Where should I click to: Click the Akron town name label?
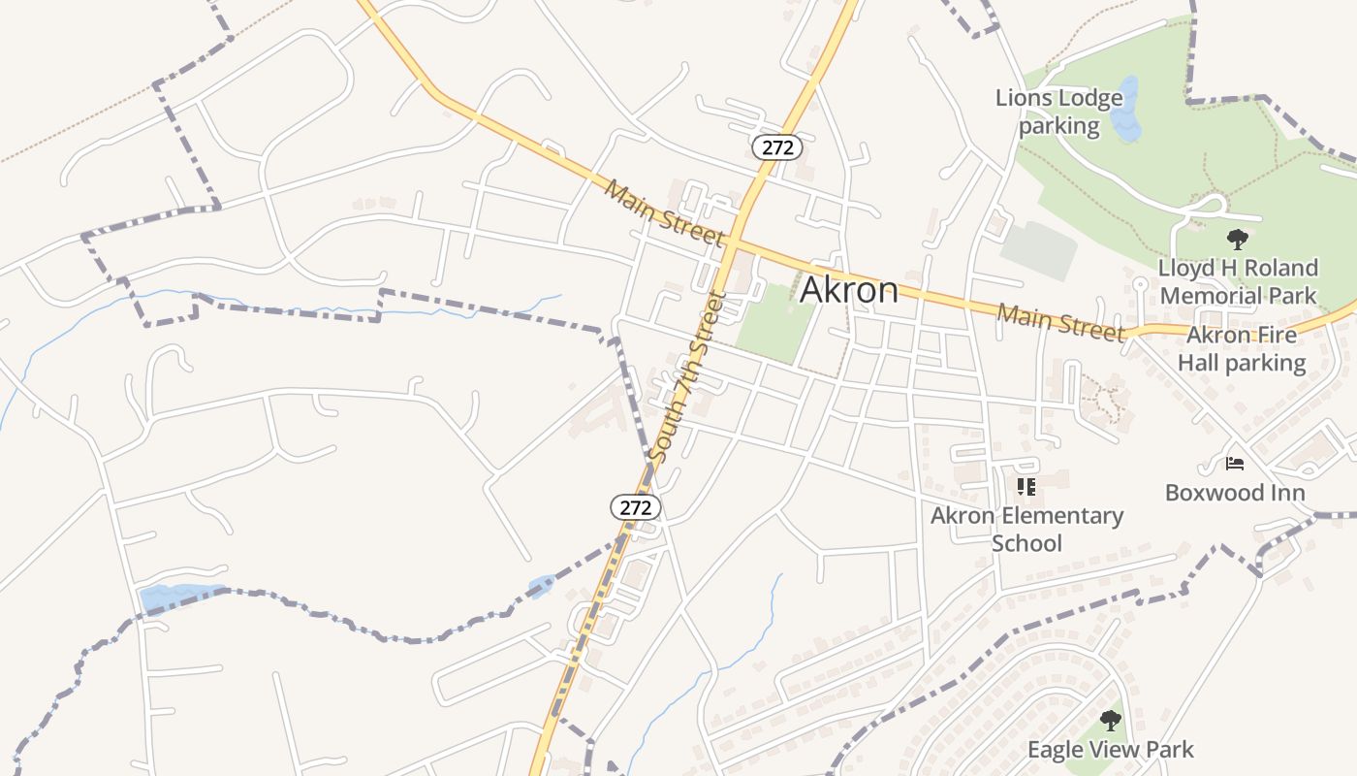[x=848, y=290]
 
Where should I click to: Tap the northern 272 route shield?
[x=776, y=147]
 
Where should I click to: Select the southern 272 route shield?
[x=635, y=506]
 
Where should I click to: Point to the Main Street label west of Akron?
[x=665, y=212]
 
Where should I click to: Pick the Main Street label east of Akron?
[x=1060, y=322]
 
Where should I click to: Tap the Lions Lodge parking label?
[x=1058, y=112]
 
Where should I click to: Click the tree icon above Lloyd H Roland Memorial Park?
[x=1237, y=239]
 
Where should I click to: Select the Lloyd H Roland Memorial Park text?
[x=1238, y=281]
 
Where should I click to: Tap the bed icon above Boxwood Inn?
[x=1234, y=464]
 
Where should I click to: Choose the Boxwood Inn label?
[x=1234, y=492]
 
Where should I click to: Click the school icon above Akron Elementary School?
[x=1026, y=486]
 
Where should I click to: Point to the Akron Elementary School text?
[x=1026, y=529]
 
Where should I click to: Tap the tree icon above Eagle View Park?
[x=1111, y=721]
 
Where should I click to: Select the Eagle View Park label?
[x=1111, y=749]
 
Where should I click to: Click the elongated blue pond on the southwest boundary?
[x=179, y=596]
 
